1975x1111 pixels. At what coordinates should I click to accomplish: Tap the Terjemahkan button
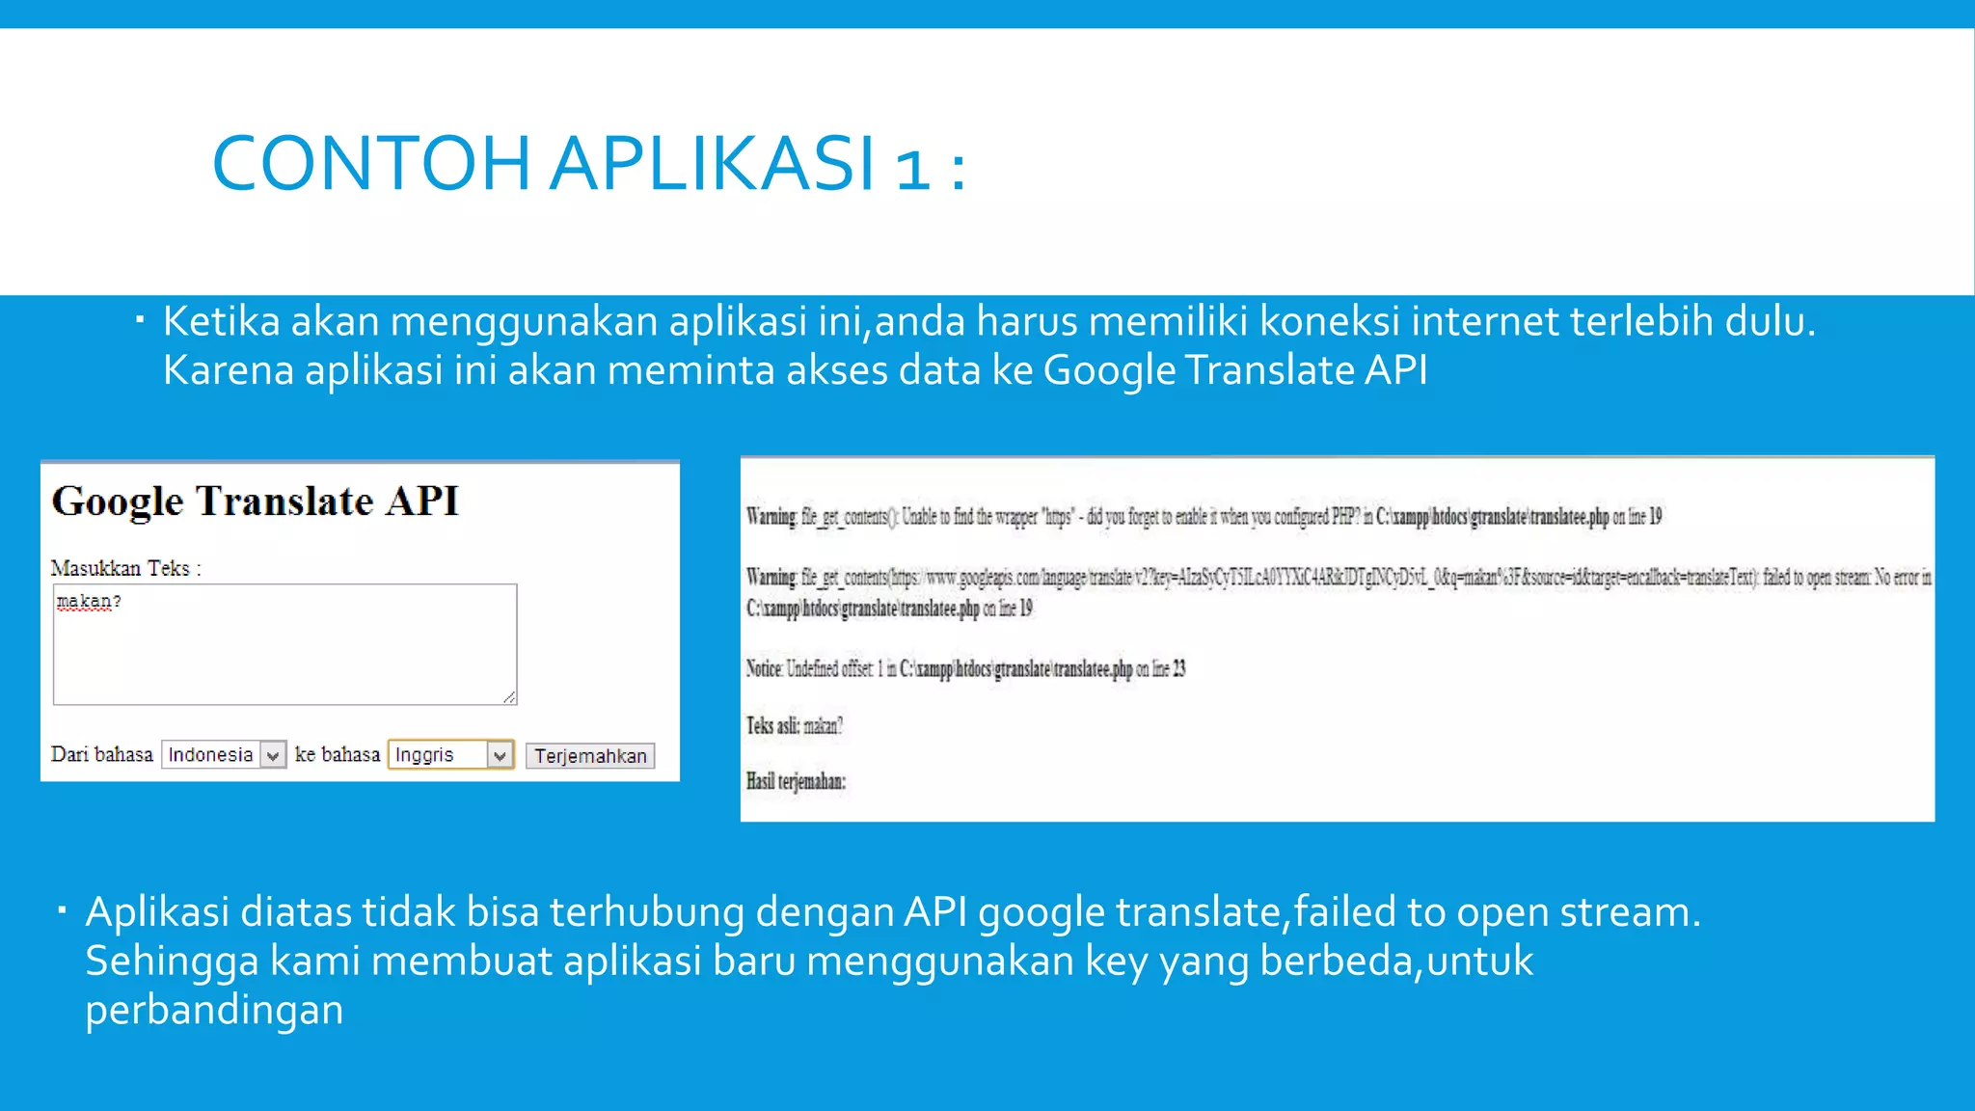coord(590,756)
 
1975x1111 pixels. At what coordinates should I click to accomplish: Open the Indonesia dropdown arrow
coord(274,755)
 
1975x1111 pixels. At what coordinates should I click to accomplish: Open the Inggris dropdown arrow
coord(500,755)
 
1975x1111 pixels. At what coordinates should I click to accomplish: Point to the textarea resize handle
coord(509,696)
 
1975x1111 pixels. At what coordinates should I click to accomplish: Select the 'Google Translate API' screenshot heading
coord(256,501)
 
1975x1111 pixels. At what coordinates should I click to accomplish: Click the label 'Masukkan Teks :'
coord(126,569)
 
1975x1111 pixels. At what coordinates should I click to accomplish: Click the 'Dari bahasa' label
coord(102,755)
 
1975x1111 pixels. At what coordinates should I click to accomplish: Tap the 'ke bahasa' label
coord(338,755)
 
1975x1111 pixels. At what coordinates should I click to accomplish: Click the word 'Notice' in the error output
coord(764,668)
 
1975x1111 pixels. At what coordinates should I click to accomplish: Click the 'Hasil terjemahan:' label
coord(796,781)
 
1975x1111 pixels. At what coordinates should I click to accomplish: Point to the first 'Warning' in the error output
coord(771,517)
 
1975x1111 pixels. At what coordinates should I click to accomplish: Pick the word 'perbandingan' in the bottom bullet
coord(214,1010)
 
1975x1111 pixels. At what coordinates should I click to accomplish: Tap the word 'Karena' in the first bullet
coord(228,370)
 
